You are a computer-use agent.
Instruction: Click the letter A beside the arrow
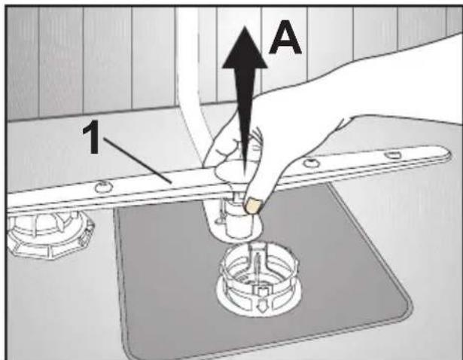point(285,38)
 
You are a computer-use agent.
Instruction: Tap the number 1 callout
point(92,138)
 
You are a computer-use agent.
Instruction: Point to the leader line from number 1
point(137,160)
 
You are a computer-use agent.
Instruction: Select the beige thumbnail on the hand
point(253,206)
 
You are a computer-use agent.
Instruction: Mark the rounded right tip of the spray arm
point(444,153)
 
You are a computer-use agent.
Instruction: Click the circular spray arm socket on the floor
point(259,278)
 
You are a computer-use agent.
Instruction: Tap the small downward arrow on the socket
point(260,307)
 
